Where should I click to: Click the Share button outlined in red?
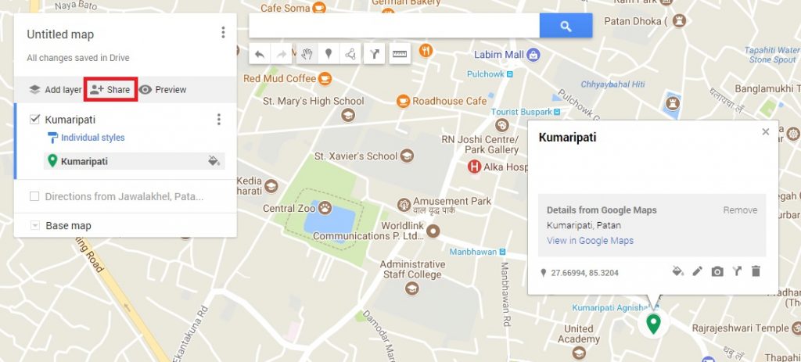[x=110, y=90]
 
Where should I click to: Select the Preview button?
[x=163, y=90]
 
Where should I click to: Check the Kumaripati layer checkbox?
[x=34, y=120]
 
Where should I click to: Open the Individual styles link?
[x=92, y=138]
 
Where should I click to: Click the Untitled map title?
[x=60, y=34]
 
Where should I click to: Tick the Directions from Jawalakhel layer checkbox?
[x=34, y=196]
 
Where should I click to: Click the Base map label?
[x=68, y=226]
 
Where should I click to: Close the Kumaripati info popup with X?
[x=766, y=132]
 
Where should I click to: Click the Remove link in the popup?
[x=739, y=210]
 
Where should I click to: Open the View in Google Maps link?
[x=590, y=241]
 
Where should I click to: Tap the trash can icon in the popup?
[x=756, y=271]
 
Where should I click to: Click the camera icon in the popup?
[x=717, y=271]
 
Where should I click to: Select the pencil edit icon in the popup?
[x=698, y=271]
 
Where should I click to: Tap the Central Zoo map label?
[x=289, y=209]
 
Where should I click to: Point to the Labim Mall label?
[x=499, y=55]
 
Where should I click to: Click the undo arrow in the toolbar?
[x=260, y=54]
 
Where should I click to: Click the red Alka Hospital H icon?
[x=473, y=167]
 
